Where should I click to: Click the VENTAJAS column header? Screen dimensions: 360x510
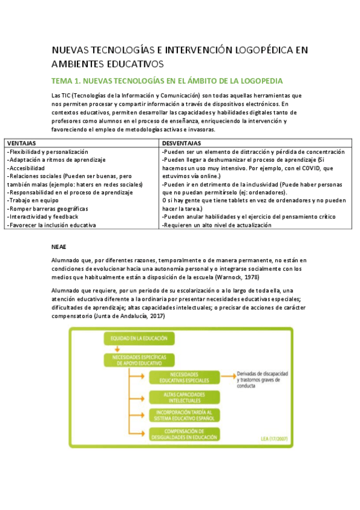[x=22, y=144]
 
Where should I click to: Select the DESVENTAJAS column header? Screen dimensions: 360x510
[x=182, y=144]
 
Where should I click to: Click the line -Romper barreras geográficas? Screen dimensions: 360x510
[x=47, y=209]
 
